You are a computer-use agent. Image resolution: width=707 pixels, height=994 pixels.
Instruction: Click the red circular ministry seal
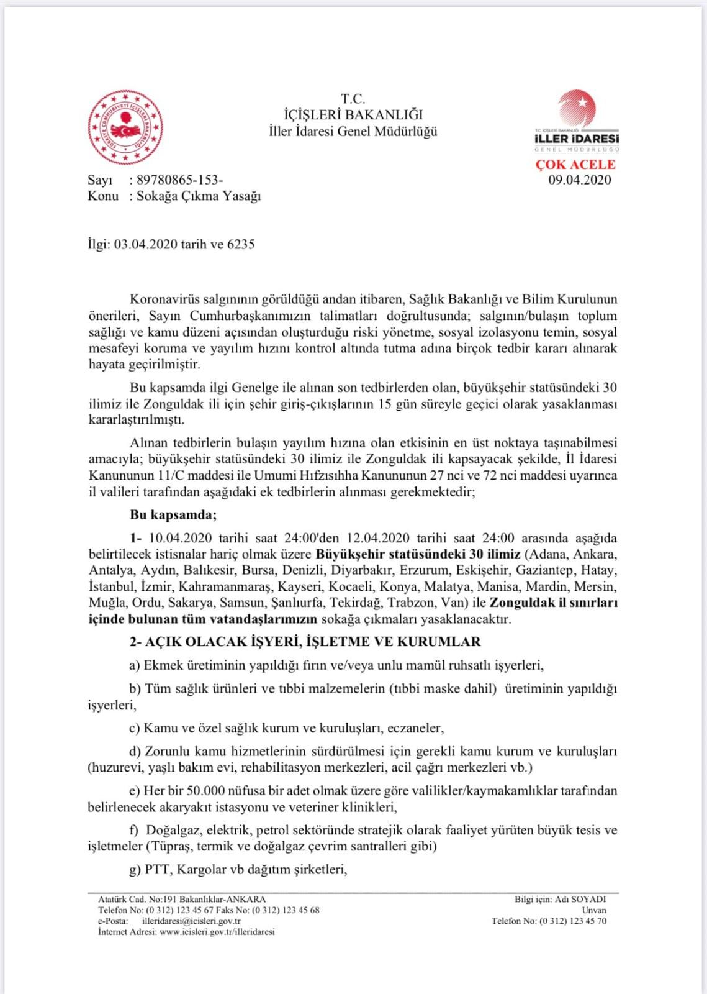(125, 127)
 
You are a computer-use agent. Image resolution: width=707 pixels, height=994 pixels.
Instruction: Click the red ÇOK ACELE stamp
(575, 165)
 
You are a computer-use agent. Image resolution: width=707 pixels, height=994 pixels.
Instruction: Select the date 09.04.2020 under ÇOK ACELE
(579, 180)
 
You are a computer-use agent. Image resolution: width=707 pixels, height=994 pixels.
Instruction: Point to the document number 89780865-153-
(179, 180)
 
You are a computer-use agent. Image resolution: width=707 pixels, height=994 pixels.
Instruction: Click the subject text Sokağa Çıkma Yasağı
(199, 196)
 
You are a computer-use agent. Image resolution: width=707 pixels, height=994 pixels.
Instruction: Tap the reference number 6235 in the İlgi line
(241, 244)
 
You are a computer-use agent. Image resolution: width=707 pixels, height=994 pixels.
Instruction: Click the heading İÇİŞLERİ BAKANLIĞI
(353, 115)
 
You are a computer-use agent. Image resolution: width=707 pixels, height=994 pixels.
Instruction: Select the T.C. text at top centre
(353, 99)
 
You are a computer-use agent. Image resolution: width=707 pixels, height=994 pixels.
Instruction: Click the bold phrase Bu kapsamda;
(173, 515)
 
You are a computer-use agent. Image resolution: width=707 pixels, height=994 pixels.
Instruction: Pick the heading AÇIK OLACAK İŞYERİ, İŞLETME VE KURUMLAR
(313, 642)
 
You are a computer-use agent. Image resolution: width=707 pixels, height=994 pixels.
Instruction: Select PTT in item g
(157, 869)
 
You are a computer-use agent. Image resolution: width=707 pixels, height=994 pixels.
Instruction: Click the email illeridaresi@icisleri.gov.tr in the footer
(191, 921)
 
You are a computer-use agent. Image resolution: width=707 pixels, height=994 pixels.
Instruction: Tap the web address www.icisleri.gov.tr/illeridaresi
(217, 932)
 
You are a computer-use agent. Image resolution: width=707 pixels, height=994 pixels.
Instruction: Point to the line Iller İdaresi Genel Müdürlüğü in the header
(353, 132)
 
